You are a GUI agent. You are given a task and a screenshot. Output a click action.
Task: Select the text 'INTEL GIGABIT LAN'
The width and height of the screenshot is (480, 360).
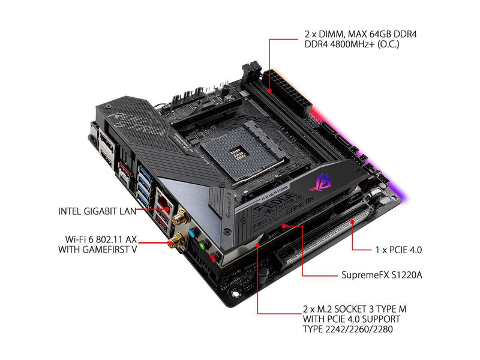97,211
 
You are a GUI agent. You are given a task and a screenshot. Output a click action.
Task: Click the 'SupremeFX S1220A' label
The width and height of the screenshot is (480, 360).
382,275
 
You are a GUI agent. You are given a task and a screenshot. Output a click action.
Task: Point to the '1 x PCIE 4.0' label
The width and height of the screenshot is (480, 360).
398,250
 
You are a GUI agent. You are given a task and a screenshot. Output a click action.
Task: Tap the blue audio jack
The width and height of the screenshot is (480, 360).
192,234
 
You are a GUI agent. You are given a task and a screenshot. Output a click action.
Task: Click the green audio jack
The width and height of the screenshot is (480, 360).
202,245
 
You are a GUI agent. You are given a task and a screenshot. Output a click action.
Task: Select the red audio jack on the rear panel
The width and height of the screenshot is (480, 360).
213,257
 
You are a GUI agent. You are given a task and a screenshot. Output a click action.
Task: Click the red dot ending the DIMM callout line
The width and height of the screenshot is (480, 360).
269,91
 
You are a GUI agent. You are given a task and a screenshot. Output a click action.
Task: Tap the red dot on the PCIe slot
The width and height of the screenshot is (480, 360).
352,221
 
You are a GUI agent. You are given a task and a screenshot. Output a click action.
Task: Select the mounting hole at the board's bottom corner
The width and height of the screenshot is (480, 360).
235,293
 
